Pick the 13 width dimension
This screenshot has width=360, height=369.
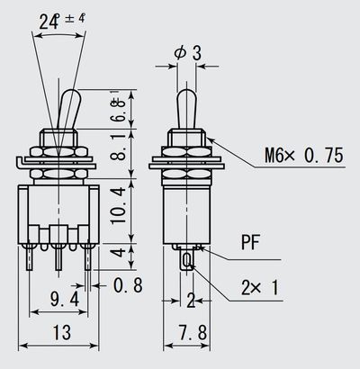click(61, 333)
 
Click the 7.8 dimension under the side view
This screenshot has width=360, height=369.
click(190, 333)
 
